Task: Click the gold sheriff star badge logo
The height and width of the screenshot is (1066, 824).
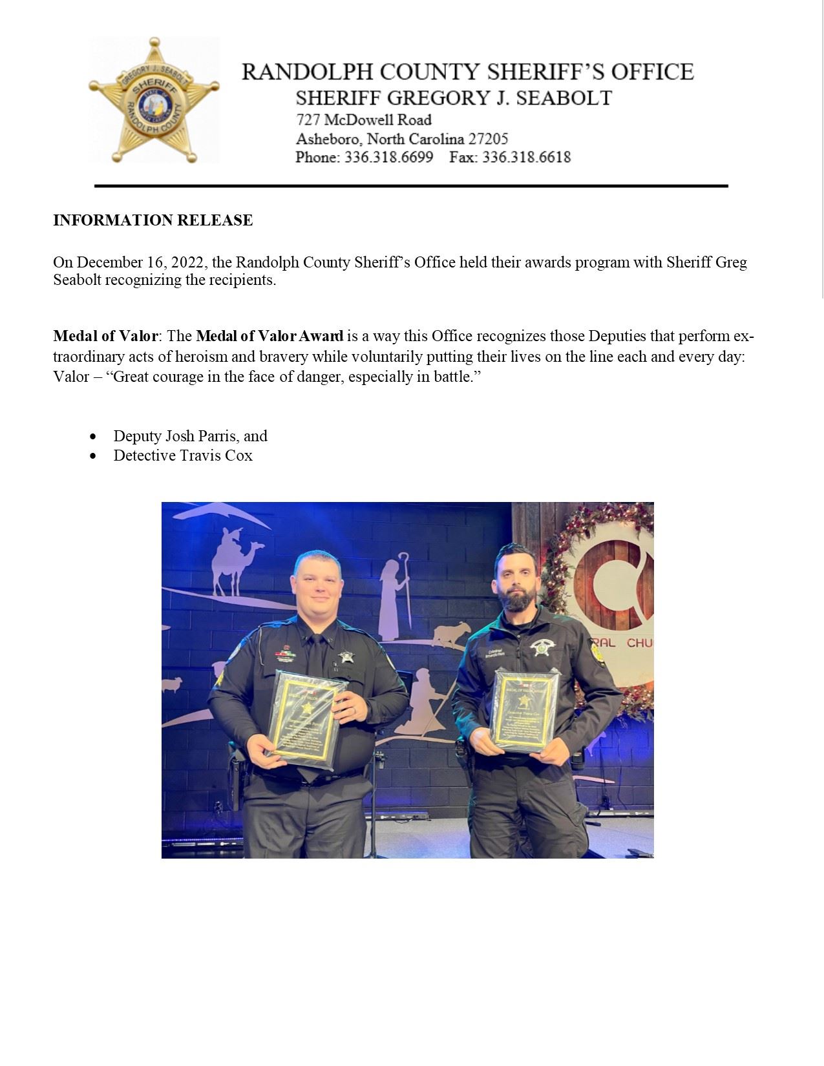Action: [154, 99]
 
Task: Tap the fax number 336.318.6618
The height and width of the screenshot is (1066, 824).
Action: [526, 157]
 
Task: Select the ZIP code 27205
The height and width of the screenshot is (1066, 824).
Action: [485, 138]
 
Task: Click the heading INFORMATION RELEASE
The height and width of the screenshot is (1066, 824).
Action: [153, 220]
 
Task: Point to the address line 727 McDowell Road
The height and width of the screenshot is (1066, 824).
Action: [363, 120]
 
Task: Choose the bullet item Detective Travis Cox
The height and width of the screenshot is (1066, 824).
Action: [183, 455]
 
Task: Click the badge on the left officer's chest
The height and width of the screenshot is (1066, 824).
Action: [346, 657]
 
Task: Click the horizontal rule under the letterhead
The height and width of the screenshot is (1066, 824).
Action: [411, 186]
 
